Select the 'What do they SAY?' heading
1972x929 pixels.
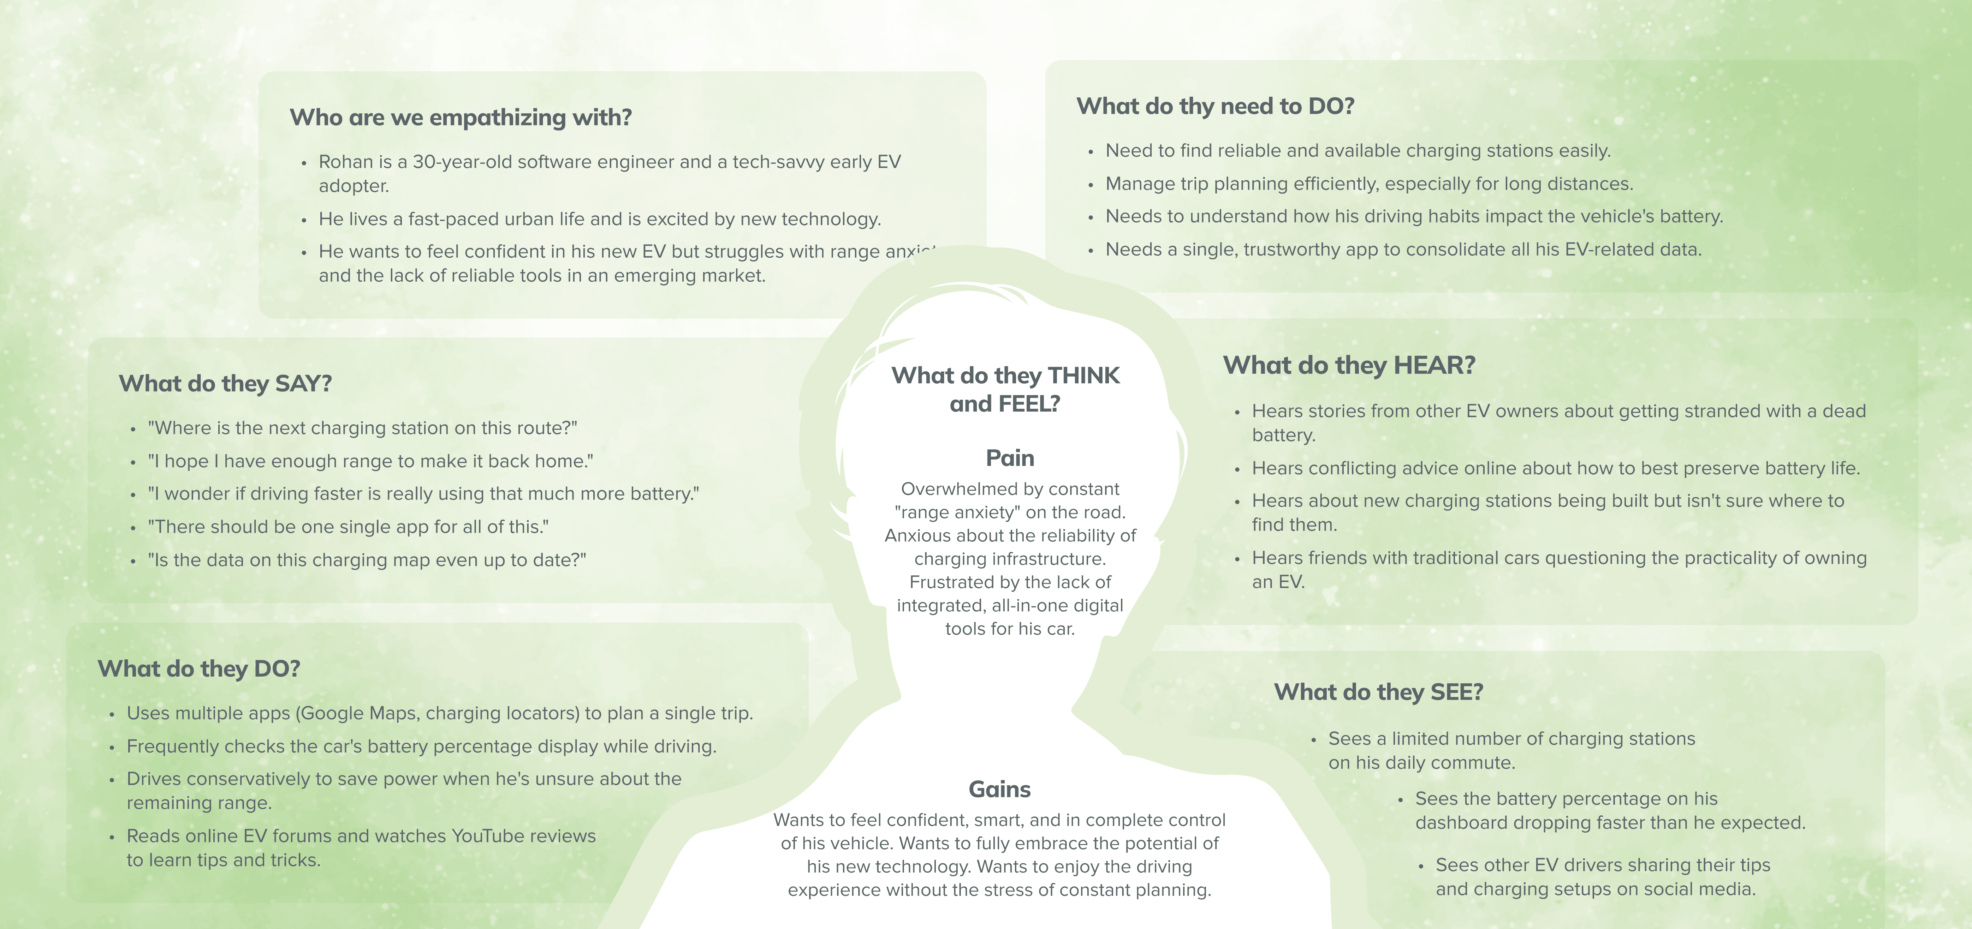tap(225, 383)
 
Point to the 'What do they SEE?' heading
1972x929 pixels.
tap(1378, 692)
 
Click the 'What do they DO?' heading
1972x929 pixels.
tap(198, 669)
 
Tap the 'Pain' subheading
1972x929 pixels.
tap(1010, 457)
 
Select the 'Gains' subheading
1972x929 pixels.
tap(999, 789)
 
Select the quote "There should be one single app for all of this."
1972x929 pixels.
tap(348, 527)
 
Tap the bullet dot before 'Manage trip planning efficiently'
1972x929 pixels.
tap(1090, 184)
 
